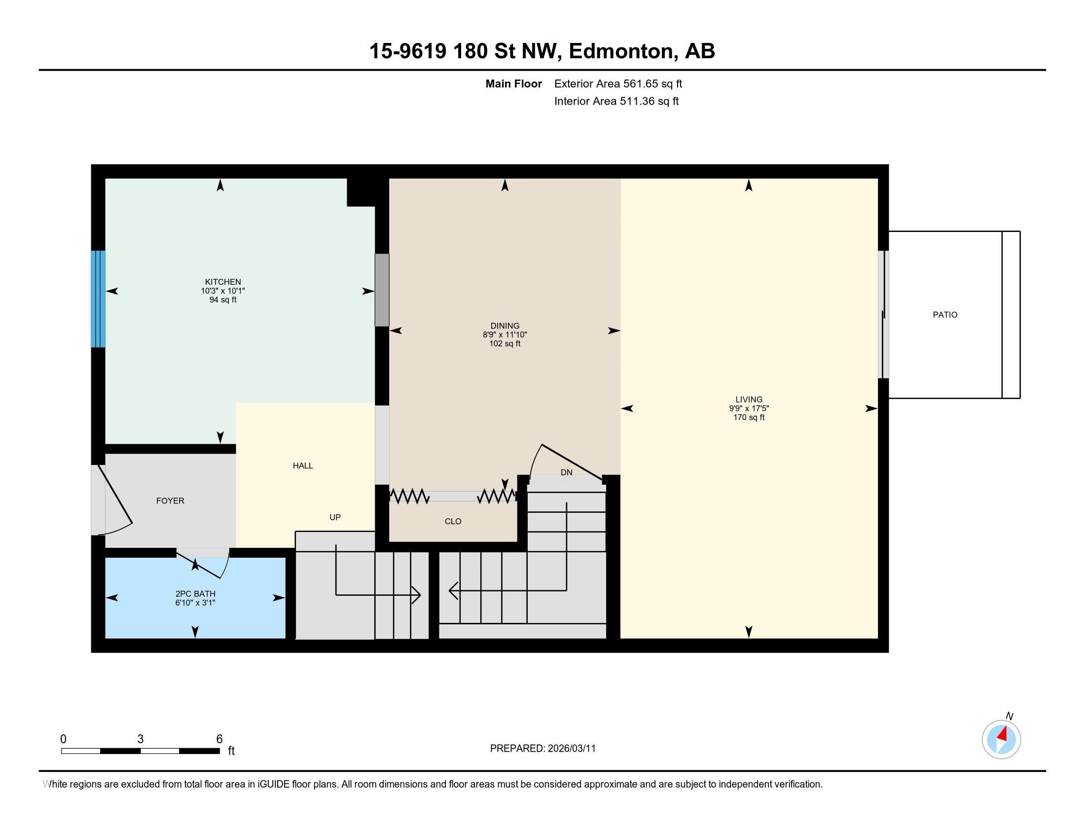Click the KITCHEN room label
[x=223, y=282]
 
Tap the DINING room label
[x=505, y=326]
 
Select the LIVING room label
[x=749, y=399]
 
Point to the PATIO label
[x=945, y=315]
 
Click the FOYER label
[x=170, y=500]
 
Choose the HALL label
[x=302, y=466]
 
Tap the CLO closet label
[x=453, y=521]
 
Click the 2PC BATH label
[x=195, y=593]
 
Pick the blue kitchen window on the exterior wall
[x=98, y=299]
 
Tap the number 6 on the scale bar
[x=219, y=739]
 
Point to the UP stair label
[x=335, y=517]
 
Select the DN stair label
[x=566, y=472]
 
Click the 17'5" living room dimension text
[x=760, y=408]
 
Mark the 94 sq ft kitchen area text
[x=223, y=300]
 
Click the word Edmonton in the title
[x=623, y=51]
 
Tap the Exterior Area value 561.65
[x=640, y=83]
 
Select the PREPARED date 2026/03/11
[x=572, y=749]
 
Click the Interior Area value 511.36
[x=637, y=101]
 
